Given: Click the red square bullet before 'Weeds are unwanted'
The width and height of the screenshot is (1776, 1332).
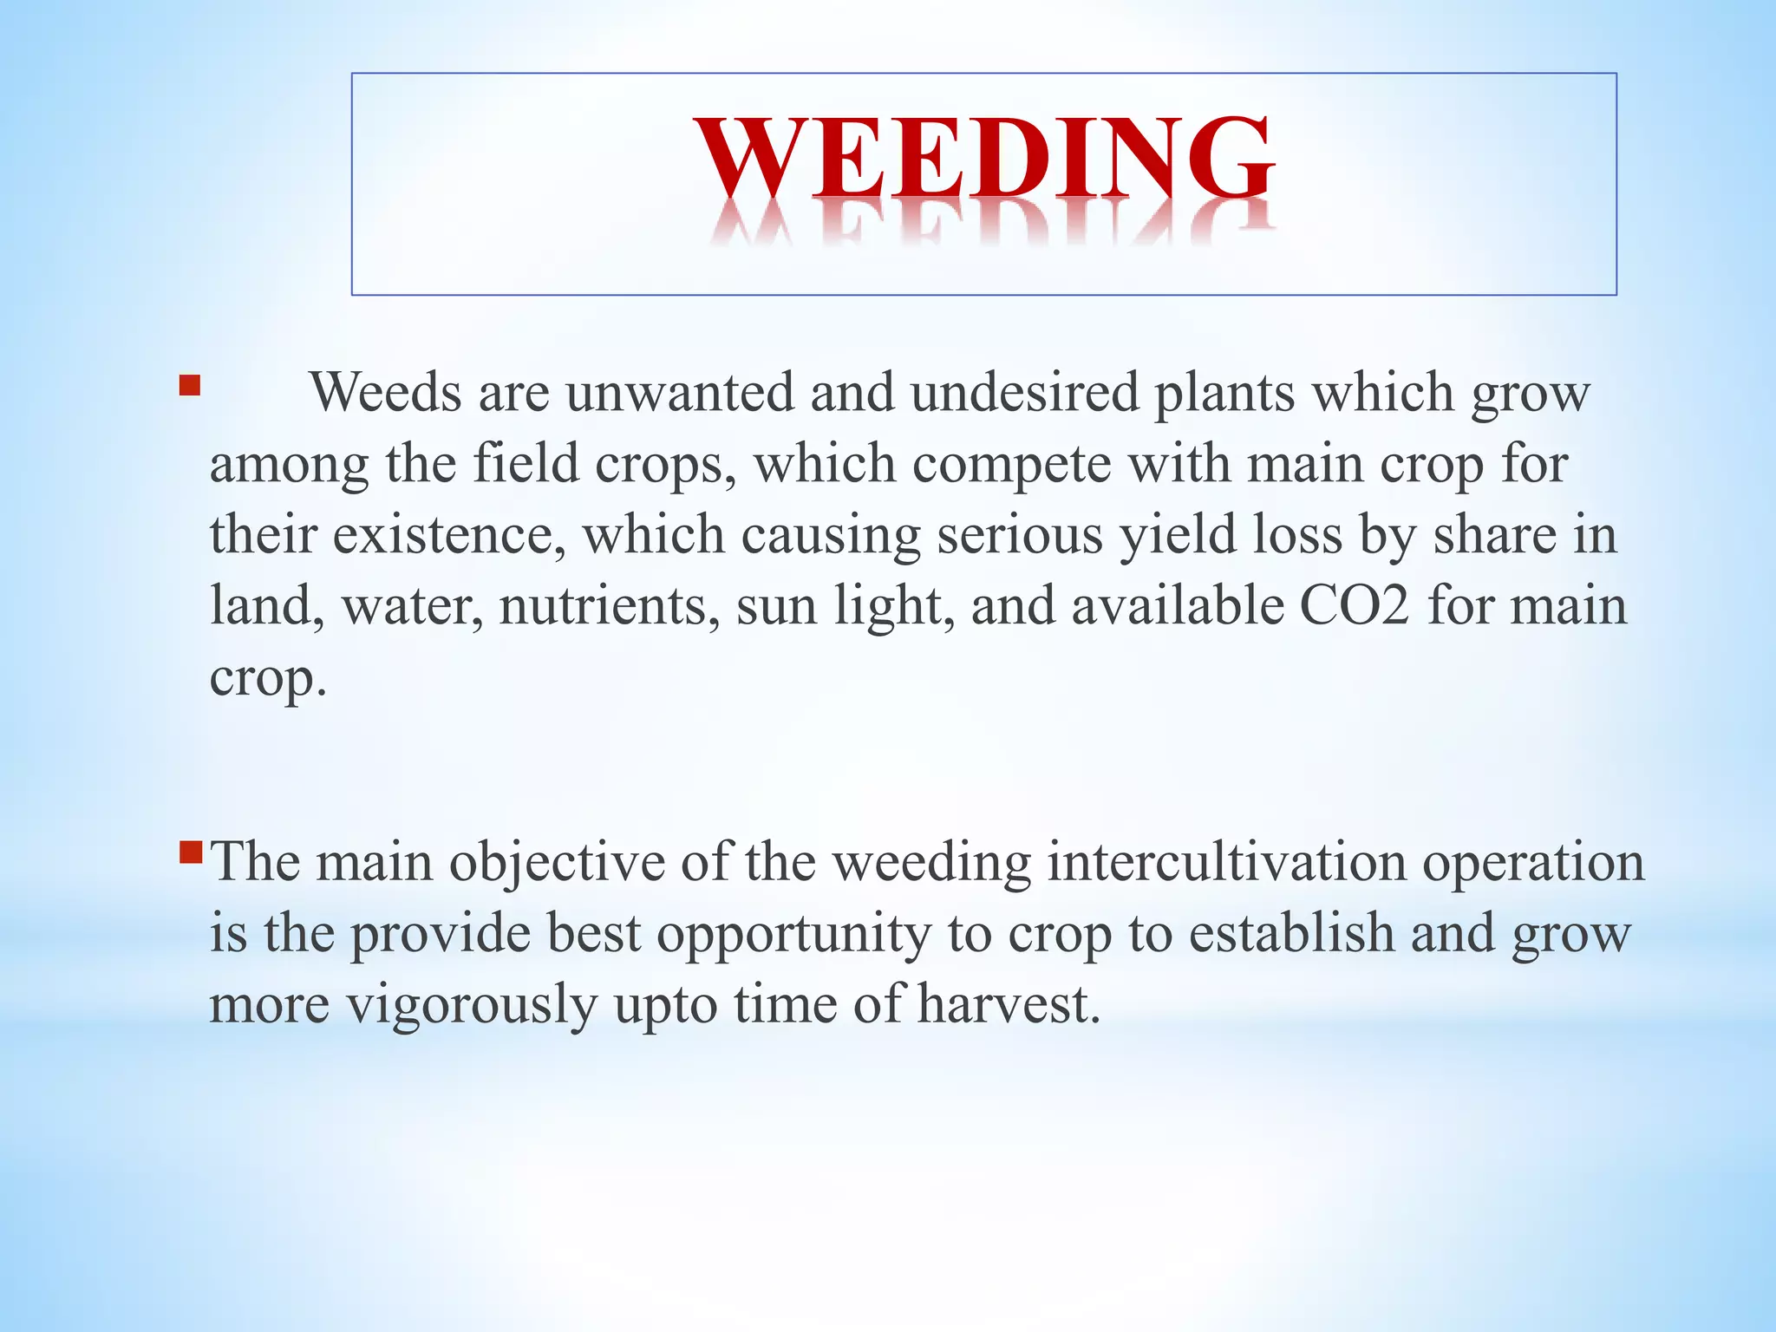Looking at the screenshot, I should point(190,385).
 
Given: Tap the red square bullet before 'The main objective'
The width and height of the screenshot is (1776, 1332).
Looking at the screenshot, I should point(190,853).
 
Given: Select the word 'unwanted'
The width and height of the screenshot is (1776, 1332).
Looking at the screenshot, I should point(680,393).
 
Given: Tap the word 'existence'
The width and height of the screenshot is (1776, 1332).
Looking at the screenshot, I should point(443,535).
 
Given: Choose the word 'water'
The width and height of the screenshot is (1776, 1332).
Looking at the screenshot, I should point(412,607).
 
